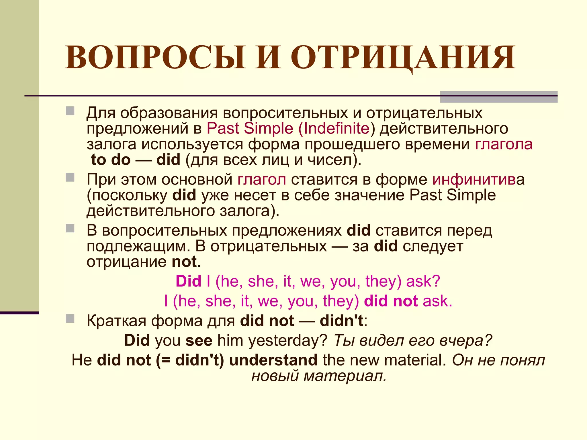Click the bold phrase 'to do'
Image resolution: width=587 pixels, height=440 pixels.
pyautogui.click(x=111, y=160)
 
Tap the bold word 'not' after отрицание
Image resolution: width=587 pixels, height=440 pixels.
pyautogui.click(x=184, y=262)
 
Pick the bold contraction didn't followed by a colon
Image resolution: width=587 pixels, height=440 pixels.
pyautogui.click(x=342, y=321)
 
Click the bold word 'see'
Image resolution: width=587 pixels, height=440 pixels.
pyautogui.click(x=199, y=340)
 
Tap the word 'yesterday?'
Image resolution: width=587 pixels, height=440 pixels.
pyautogui.click(x=288, y=340)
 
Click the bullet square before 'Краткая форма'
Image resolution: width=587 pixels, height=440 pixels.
pyautogui.click(x=70, y=319)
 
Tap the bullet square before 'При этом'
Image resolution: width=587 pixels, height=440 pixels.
pyautogui.click(x=70, y=177)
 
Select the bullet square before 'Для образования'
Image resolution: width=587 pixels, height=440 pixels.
pyautogui.click(x=70, y=111)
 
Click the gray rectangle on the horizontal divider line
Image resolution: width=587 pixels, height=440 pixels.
pyautogui.click(x=499, y=97)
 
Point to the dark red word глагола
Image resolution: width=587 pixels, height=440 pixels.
pyautogui.click(x=504, y=144)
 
